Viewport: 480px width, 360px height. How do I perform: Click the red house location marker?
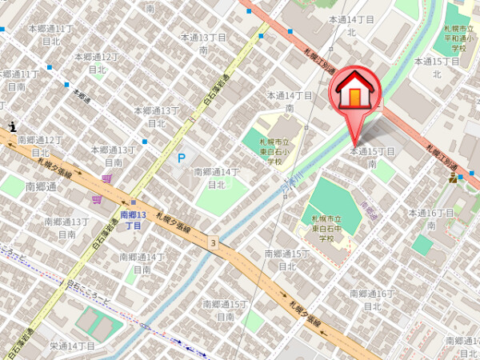click(356, 91)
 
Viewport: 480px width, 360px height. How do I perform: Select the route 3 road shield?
click(214, 242)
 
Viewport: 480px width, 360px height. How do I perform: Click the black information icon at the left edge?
click(13, 125)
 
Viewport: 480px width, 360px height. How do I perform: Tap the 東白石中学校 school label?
click(326, 228)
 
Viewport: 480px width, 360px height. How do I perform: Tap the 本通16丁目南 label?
click(431, 218)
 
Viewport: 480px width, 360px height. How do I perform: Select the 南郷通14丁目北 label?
click(217, 178)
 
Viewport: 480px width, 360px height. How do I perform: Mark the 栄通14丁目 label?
click(72, 346)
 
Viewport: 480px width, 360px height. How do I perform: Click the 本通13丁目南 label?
click(203, 43)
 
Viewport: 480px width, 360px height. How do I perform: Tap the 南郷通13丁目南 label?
click(66, 228)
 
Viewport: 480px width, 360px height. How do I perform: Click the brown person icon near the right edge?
click(453, 178)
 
